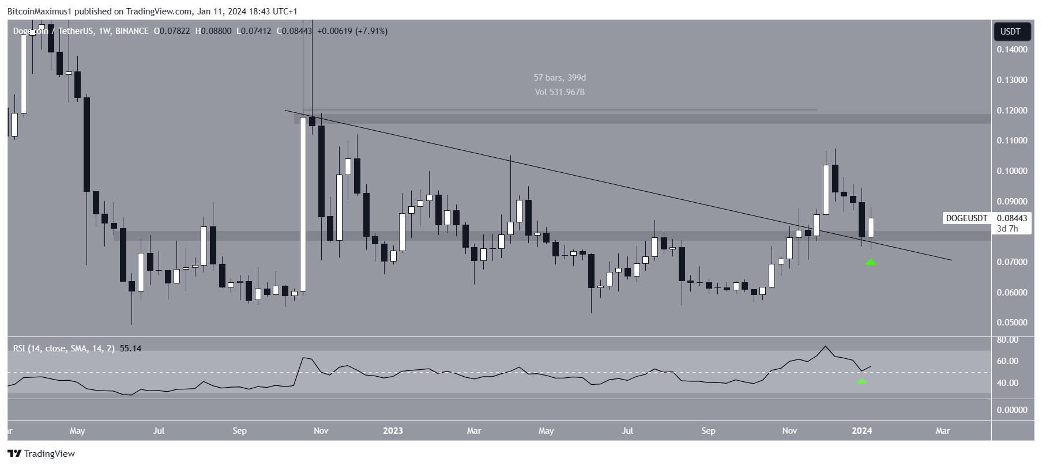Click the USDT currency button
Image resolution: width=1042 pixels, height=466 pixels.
click(x=1010, y=32)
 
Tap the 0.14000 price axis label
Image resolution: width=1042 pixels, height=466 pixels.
click(x=1011, y=50)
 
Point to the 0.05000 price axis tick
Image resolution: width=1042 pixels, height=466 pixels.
click(x=1011, y=323)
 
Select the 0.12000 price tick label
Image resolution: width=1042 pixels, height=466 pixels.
click(x=1011, y=111)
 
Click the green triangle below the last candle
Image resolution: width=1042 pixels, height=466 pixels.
click(x=871, y=262)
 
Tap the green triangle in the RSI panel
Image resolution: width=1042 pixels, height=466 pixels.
click(x=862, y=381)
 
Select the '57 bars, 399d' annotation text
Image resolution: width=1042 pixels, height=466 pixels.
click(x=559, y=78)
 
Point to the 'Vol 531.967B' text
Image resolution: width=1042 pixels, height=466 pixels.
click(x=559, y=92)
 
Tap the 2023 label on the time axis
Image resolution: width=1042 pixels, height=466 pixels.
click(x=393, y=431)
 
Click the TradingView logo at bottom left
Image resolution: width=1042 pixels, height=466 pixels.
click(x=42, y=454)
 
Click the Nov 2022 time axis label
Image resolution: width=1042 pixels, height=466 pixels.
click(x=321, y=431)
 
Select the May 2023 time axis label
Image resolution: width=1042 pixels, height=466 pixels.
click(x=546, y=431)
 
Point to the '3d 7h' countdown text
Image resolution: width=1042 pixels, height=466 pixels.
click(x=1007, y=229)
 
